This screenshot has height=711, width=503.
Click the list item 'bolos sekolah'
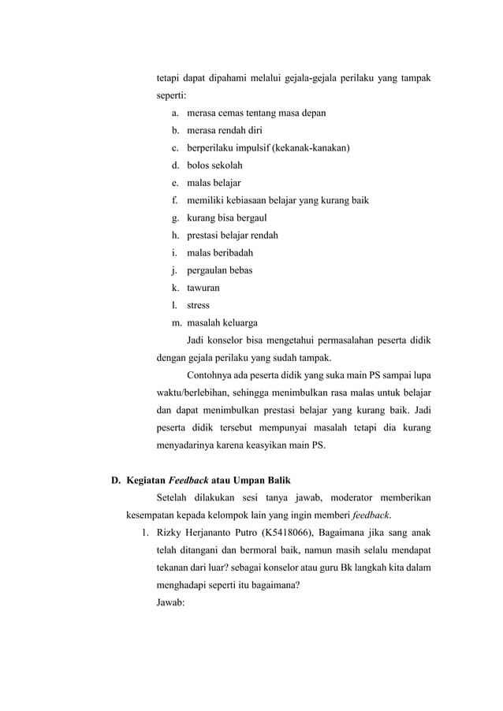click(214, 166)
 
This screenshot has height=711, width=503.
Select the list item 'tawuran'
click(203, 288)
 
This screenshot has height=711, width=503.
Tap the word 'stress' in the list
click(199, 305)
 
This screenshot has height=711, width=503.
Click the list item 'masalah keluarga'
click(222, 322)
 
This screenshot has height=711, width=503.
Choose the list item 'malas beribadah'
click(220, 253)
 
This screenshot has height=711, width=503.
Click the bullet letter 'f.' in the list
click(173, 200)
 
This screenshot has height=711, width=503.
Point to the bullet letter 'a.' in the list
click(173, 114)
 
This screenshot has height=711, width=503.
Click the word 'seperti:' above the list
click(171, 96)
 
